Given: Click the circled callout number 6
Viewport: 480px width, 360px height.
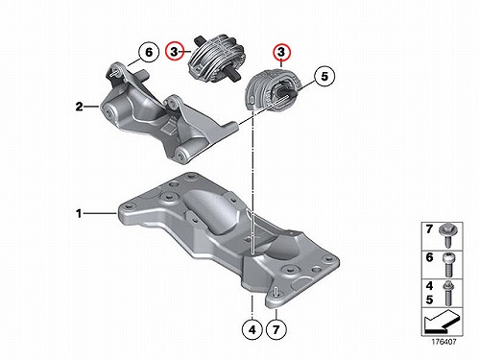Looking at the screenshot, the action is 149,52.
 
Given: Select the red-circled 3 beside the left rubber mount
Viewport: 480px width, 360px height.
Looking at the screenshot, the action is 174,51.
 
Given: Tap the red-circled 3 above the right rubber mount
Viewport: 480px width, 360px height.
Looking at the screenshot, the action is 281,52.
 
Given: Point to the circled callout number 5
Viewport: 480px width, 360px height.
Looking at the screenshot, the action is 324,76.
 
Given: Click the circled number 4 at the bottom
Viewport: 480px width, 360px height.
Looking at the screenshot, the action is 252,329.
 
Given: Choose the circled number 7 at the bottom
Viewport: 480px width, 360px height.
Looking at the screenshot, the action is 276,329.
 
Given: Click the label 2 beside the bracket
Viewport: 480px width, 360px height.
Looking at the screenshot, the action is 79,107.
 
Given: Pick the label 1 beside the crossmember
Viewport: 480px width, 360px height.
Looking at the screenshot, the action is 79,213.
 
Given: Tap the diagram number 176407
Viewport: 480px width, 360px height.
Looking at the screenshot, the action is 444,342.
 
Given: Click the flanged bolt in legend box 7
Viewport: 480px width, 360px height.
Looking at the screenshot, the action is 448,235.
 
